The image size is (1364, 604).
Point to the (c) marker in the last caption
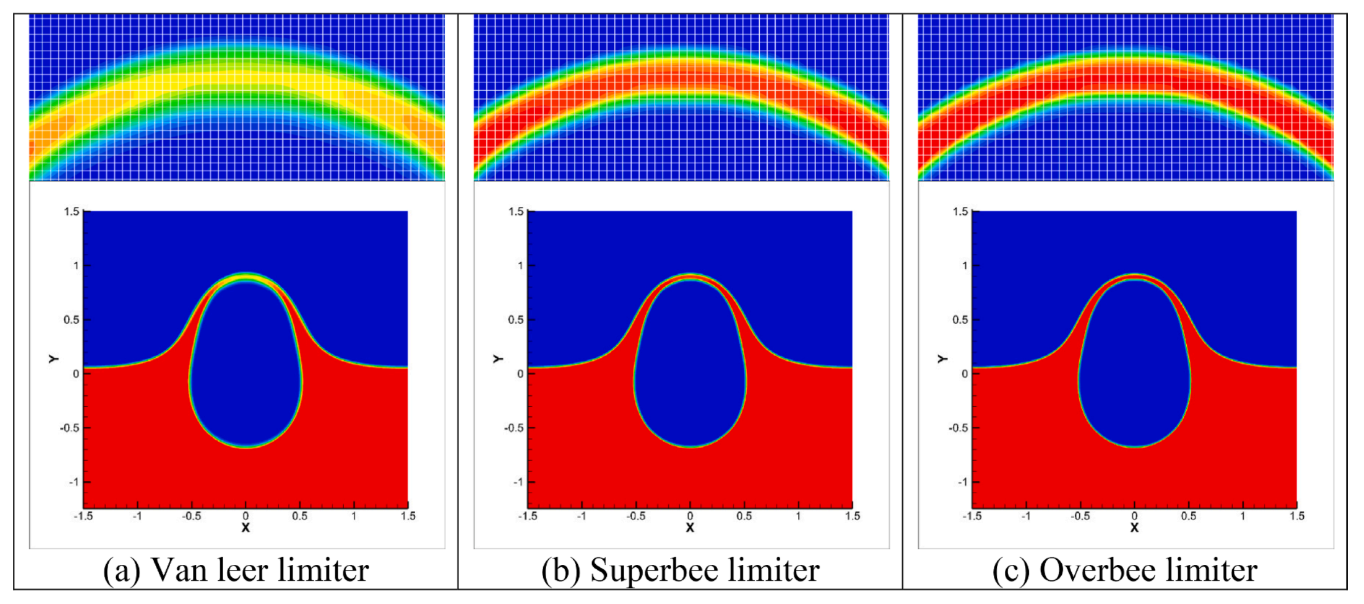[1011, 571]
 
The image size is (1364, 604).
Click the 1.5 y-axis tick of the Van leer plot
[72, 212]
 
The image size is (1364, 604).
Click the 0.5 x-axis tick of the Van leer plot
[300, 516]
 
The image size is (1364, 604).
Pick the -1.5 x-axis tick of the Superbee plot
[527, 516]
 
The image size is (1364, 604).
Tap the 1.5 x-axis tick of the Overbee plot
[1297, 516]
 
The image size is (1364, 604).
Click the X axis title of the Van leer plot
[246, 528]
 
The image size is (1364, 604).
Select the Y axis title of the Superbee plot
[498, 359]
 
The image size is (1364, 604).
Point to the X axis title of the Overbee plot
[1134, 528]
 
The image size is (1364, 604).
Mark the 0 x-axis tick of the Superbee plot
[690, 516]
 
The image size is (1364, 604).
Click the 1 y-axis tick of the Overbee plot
[965, 266]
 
